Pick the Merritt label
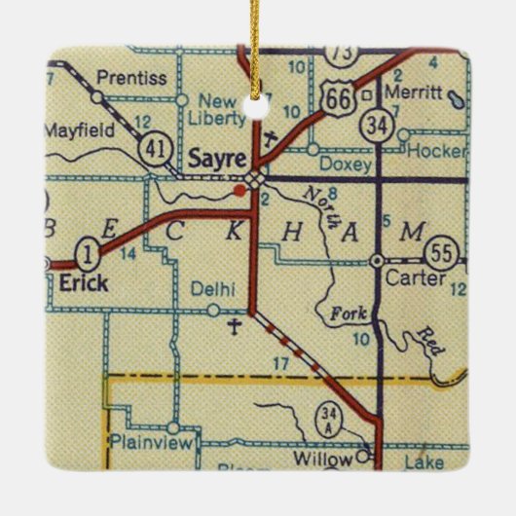pos(406,96)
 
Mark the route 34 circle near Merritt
pos(374,126)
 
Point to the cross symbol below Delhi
pos(233,328)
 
